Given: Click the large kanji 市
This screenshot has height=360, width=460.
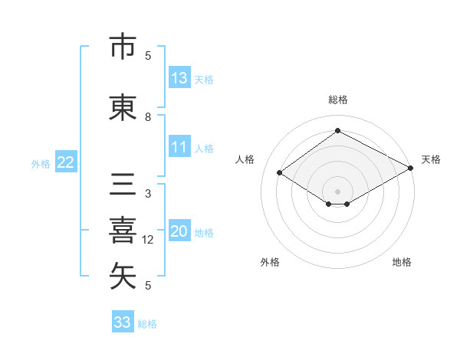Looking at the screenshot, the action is pyautogui.click(x=123, y=46).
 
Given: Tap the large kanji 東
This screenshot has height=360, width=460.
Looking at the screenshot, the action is pyautogui.click(x=123, y=107).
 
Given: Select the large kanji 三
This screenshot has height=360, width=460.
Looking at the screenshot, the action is pyautogui.click(x=123, y=184).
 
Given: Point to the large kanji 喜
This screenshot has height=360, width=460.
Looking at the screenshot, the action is pyautogui.click(x=123, y=231).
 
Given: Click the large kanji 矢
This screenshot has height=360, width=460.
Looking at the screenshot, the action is pyautogui.click(x=123, y=276).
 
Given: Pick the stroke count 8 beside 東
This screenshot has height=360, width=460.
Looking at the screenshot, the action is pyautogui.click(x=148, y=117).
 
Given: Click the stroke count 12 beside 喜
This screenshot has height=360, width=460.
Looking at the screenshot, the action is pyautogui.click(x=147, y=240).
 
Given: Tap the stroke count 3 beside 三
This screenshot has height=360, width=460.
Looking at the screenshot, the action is pyautogui.click(x=148, y=194).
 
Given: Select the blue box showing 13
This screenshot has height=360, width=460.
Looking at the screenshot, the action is pyautogui.click(x=180, y=77).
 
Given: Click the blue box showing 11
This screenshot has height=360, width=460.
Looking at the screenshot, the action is pyautogui.click(x=180, y=146).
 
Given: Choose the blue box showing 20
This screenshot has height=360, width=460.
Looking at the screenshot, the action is pyautogui.click(x=180, y=230).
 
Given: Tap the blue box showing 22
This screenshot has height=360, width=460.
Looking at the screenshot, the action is pyautogui.click(x=66, y=162).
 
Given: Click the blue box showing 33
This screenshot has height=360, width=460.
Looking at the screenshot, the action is pyautogui.click(x=123, y=321).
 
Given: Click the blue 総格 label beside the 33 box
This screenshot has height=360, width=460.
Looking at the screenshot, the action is pyautogui.click(x=147, y=324).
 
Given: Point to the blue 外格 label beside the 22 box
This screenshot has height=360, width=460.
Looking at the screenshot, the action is pyautogui.click(x=41, y=164).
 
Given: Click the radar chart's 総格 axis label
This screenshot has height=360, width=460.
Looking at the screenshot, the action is pyautogui.click(x=338, y=100).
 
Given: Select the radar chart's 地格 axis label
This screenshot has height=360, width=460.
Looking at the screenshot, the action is pyautogui.click(x=402, y=262).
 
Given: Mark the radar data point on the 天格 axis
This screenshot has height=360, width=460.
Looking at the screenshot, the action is pyautogui.click(x=411, y=168).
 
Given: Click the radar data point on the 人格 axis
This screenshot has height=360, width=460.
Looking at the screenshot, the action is pyautogui.click(x=280, y=172).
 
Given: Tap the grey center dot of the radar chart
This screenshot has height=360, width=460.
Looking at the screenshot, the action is pyautogui.click(x=337, y=191).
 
